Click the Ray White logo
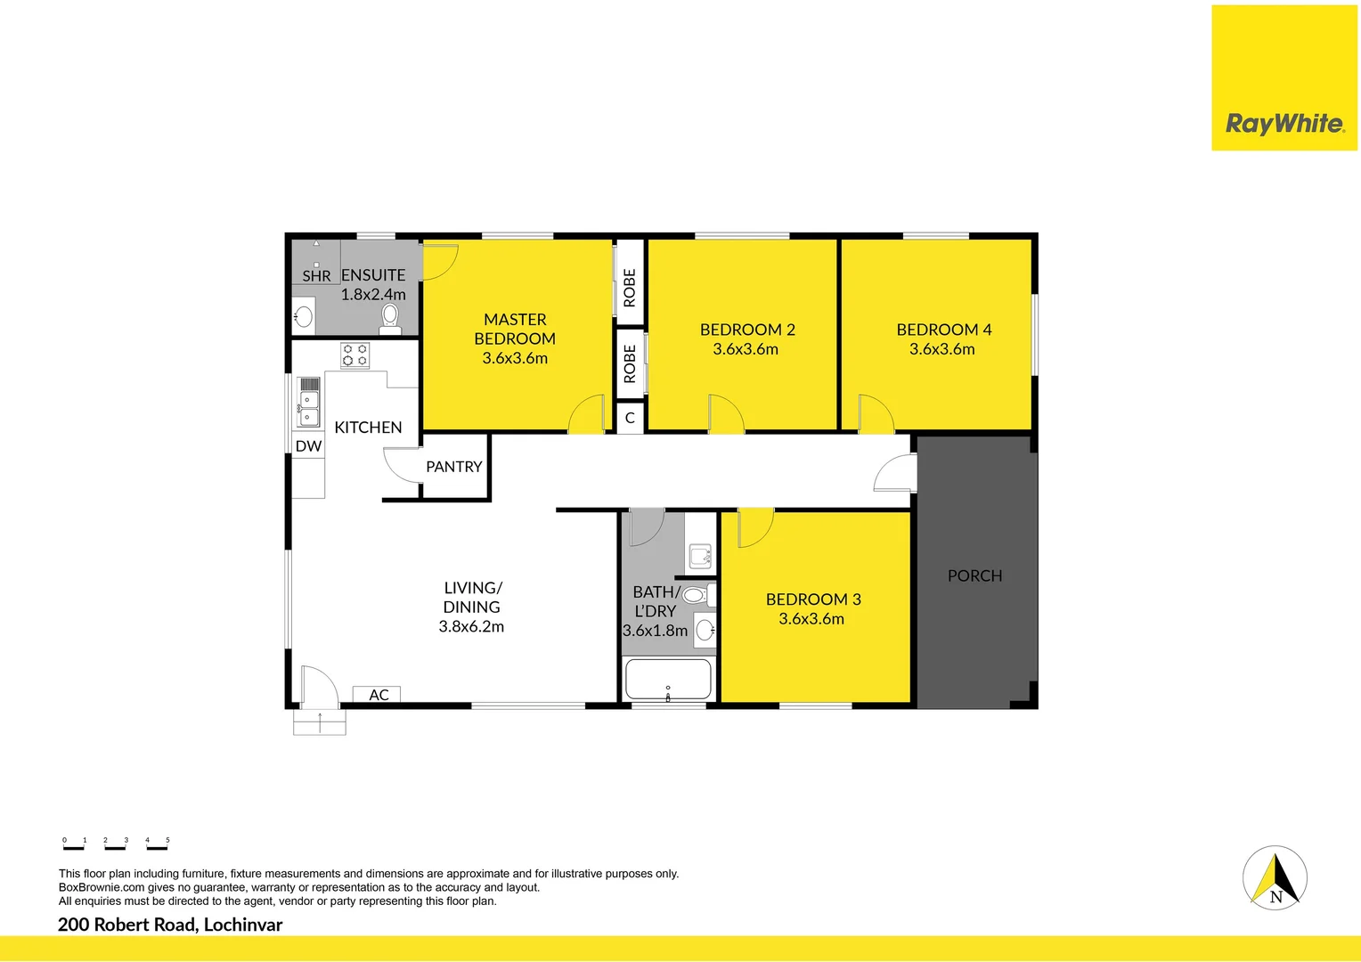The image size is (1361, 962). [1284, 123]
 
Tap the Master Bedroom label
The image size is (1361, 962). [515, 329]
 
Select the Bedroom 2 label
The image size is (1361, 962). [747, 330]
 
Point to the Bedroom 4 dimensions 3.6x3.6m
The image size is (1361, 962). [941, 349]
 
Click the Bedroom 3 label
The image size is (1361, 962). [813, 599]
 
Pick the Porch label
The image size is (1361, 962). [974, 576]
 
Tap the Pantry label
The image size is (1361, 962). [453, 467]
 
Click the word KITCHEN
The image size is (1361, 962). [368, 428]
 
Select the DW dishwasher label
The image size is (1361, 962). [308, 446]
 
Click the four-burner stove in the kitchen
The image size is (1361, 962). [355, 355]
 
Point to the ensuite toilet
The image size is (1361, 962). [389, 316]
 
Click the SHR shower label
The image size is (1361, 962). [316, 276]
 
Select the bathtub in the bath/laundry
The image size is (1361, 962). [668, 680]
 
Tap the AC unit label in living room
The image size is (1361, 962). [378, 695]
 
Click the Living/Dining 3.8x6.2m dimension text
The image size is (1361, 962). [471, 626]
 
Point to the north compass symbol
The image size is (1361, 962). [1275, 877]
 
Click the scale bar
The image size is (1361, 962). [115, 844]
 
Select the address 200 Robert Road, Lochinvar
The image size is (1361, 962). [170, 925]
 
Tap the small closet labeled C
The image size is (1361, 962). [630, 418]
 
